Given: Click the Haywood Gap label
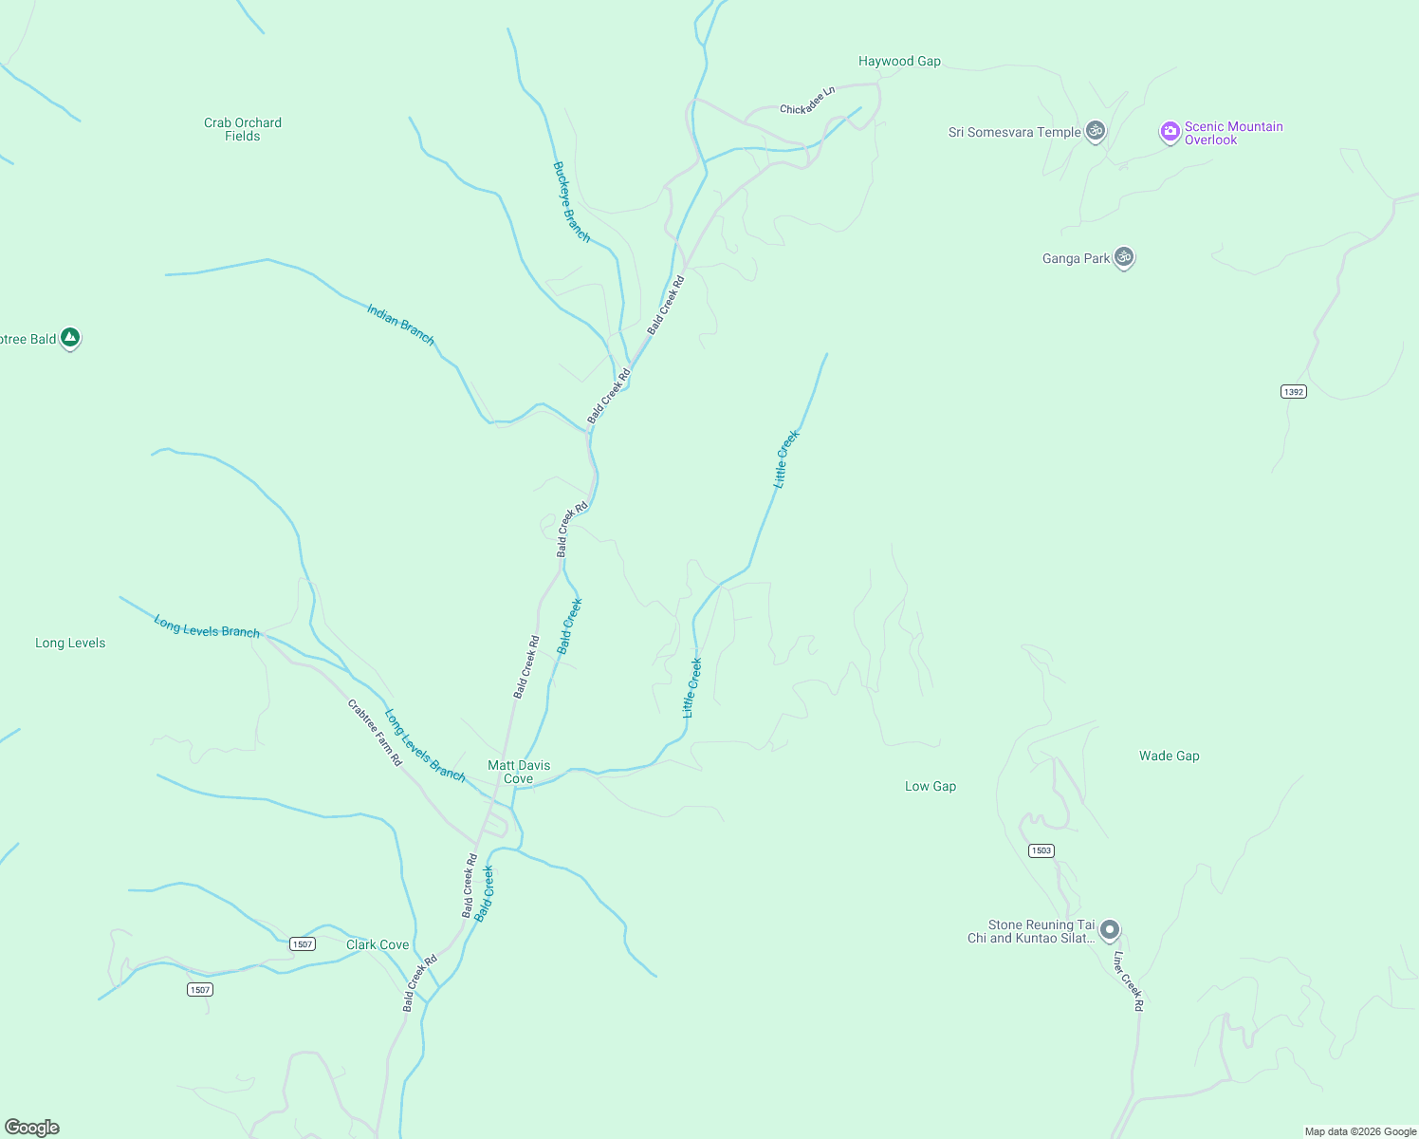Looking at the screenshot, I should coord(899,62).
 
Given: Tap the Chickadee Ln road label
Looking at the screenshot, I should coord(807,101).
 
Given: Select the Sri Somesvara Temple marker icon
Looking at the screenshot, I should coord(1096,131).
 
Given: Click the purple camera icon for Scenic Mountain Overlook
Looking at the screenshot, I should coord(1170,132).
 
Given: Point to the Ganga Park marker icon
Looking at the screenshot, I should coord(1124,257).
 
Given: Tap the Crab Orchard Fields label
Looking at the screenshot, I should coord(243,129).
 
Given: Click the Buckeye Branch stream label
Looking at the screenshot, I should coord(571,201).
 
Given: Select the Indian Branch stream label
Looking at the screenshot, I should coord(400,325).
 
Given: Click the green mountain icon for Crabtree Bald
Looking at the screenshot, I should coord(69,338).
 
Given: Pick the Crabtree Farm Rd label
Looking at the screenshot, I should coord(375,733).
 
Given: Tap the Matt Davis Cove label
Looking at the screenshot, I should coord(519,772).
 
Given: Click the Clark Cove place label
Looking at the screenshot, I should coord(378,944).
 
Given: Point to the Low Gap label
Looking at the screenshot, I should coord(931,786).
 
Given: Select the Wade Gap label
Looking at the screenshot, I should coord(1169,756).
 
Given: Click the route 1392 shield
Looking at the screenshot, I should coord(1294,391).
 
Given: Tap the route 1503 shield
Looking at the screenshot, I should coord(1041,850).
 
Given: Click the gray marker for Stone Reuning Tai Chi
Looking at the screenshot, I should coord(1110,930).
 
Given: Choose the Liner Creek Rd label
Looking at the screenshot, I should coord(1128,980).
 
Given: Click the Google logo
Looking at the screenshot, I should coord(32,1128).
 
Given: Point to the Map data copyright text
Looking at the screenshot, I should coord(1360,1131).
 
